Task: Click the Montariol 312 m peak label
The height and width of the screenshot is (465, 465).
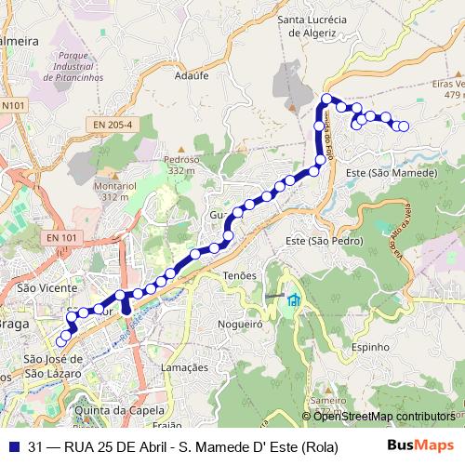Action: click(x=115, y=191)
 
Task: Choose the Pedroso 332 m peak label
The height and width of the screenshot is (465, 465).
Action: click(x=181, y=165)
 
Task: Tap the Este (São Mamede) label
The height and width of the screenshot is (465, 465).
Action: click(x=391, y=174)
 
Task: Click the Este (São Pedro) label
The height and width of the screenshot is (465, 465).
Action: click(x=323, y=241)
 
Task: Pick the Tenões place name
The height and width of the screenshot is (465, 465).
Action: click(x=239, y=276)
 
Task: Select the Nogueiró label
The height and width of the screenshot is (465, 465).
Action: click(x=240, y=325)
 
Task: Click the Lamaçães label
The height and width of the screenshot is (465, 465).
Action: click(x=184, y=367)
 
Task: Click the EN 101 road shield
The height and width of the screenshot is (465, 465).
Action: click(x=62, y=239)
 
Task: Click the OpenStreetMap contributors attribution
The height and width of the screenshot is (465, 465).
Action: click(x=382, y=417)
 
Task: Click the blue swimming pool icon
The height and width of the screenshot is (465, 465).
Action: click(x=294, y=299)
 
